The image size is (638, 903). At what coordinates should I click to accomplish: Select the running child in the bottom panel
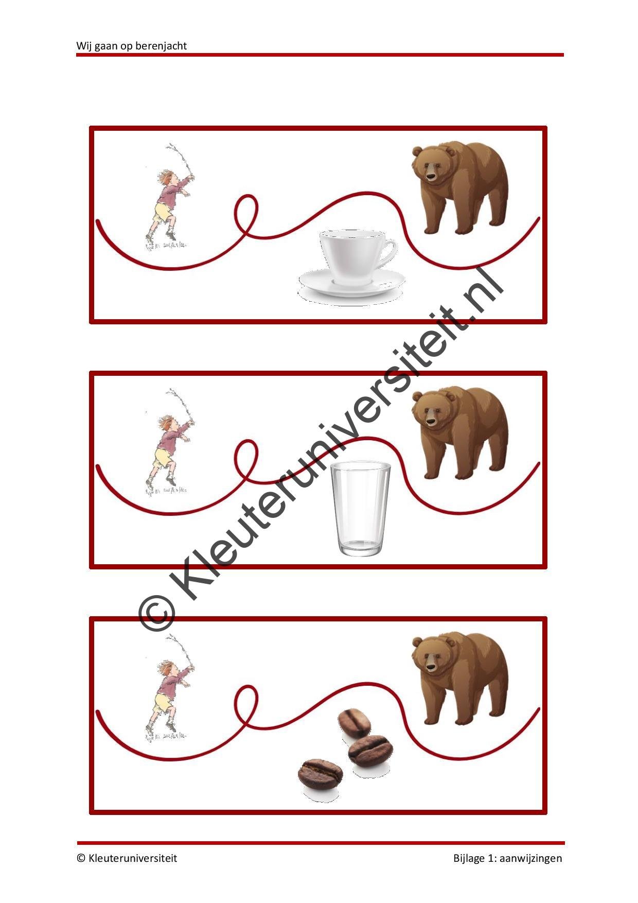point(170,689)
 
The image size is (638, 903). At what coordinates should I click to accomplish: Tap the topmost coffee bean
point(354,723)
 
